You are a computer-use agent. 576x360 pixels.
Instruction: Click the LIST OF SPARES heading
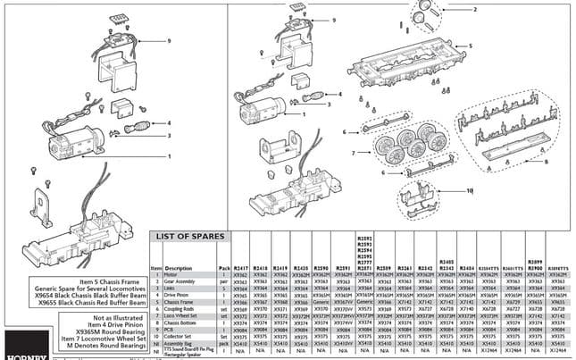pyautogui.click(x=194, y=237)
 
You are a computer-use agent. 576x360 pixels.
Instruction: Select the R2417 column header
pyautogui.click(x=240, y=267)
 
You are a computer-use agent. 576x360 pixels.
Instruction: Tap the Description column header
pyautogui.click(x=178, y=267)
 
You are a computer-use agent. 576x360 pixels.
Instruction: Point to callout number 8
pyautogui.click(x=546, y=161)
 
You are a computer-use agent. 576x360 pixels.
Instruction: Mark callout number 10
pyautogui.click(x=469, y=190)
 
